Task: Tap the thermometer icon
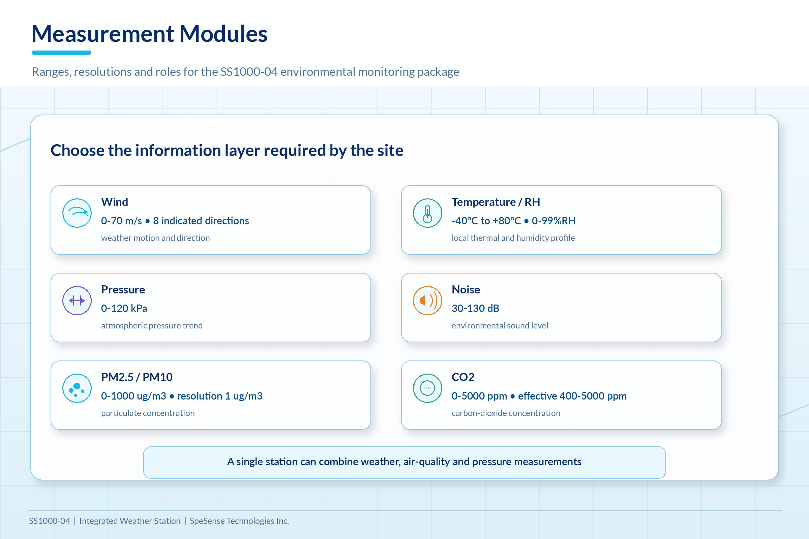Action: (x=427, y=213)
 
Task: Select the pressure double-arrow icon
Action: (x=77, y=301)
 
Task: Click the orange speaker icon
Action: (x=427, y=301)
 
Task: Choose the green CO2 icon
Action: (x=427, y=388)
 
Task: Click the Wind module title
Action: (x=115, y=202)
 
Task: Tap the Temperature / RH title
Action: (x=496, y=202)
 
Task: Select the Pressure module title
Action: (x=123, y=289)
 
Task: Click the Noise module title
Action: (x=466, y=289)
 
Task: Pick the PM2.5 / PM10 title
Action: (x=137, y=377)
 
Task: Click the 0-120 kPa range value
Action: (x=124, y=308)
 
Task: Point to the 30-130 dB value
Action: (x=475, y=308)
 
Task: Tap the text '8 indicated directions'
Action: (x=201, y=221)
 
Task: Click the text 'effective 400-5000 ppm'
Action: (x=572, y=396)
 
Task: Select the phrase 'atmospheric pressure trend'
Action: (x=152, y=325)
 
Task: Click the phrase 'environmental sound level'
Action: (x=500, y=325)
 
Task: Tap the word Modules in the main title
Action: (x=223, y=34)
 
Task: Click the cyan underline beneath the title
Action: (x=62, y=53)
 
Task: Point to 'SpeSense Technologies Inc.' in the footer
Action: (x=239, y=521)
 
